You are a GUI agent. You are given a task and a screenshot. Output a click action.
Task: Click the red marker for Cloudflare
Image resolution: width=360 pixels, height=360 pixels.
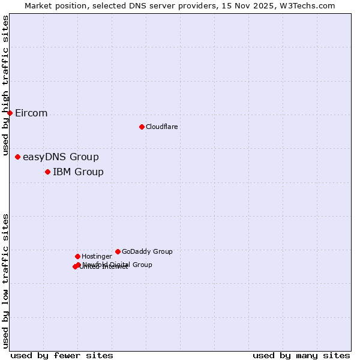tap(142, 127)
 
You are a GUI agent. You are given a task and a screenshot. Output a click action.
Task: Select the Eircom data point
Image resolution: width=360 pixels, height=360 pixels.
tap(10, 113)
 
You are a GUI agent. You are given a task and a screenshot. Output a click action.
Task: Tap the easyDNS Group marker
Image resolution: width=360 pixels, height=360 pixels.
tap(17, 157)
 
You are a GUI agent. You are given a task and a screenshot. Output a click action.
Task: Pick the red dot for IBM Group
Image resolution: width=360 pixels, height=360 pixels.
tap(47, 172)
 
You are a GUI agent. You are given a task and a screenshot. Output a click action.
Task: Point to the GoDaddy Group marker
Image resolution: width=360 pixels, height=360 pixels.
tap(118, 251)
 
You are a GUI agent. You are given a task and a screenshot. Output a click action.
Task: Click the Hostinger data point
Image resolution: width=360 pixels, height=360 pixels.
tap(77, 256)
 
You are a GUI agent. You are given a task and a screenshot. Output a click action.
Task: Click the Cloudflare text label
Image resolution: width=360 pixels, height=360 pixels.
tap(161, 127)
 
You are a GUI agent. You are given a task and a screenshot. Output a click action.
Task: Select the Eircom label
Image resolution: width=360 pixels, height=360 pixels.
tap(31, 113)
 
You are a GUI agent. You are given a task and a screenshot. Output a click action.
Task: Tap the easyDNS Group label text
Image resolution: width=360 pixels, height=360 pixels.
tap(61, 157)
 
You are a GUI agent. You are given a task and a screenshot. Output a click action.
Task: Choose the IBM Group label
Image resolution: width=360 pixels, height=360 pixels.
tap(78, 172)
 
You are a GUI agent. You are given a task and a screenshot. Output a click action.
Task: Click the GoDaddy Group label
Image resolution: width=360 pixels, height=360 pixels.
tap(147, 251)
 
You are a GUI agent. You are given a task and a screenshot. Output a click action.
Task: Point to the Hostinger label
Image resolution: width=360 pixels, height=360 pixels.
tap(97, 256)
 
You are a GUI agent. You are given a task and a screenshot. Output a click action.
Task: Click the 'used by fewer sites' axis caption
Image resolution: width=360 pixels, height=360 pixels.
tap(62, 355)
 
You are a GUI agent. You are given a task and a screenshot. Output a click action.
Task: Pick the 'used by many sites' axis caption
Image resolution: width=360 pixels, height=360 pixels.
tap(301, 355)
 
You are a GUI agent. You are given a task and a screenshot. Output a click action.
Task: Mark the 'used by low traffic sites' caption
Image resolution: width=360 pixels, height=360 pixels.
tap(6, 281)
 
